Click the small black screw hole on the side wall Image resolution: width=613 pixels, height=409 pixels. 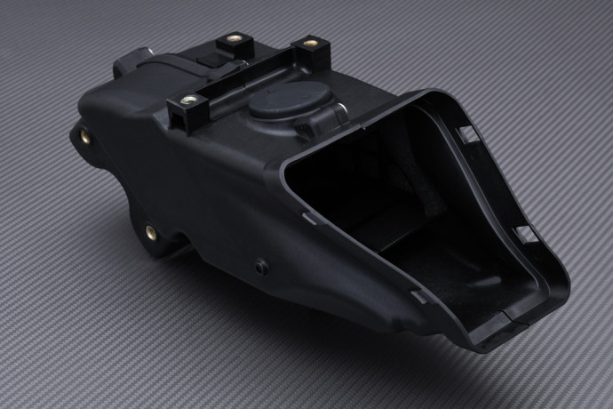point(259,265)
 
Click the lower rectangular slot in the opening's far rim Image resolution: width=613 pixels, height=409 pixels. point(526,234)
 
